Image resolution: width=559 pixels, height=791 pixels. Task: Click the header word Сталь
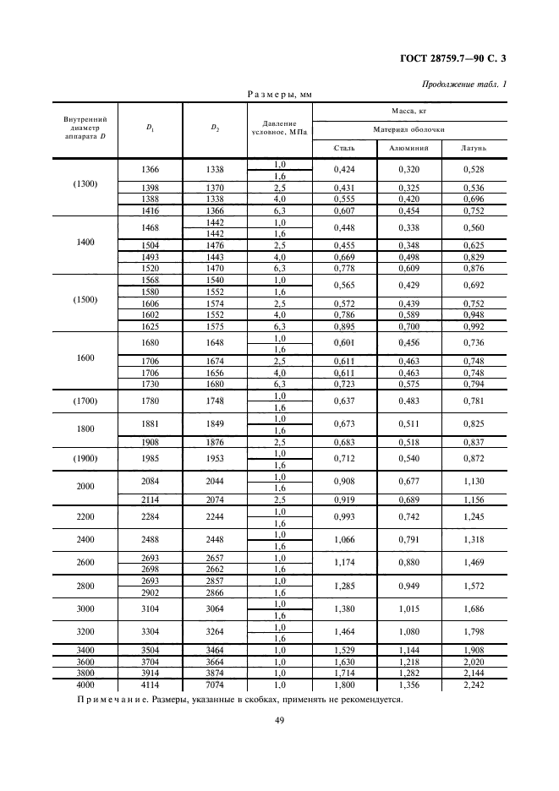344,148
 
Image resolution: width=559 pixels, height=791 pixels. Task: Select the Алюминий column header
409,148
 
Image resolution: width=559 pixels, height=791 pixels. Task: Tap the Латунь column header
474,148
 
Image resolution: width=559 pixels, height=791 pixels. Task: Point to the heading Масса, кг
409,111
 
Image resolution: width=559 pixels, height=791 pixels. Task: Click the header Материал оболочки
409,129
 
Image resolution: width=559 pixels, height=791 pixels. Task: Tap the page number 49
278,720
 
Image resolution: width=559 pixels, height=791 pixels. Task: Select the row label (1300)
85,185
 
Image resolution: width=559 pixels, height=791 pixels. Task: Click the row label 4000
85,685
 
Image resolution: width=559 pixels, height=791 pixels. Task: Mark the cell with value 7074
216,685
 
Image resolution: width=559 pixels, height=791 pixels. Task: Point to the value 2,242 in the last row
474,685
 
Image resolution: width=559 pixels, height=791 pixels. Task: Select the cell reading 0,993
344,516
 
